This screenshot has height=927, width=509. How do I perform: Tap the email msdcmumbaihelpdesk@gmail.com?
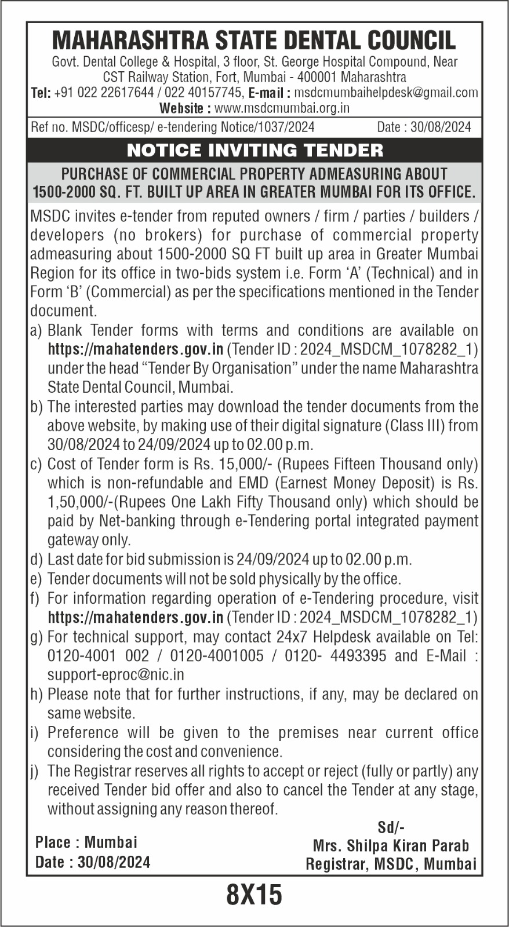click(386, 93)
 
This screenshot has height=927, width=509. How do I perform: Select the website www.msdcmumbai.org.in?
click(282, 108)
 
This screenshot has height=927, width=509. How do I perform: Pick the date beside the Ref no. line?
click(441, 127)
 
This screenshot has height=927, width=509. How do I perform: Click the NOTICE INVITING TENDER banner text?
click(254, 151)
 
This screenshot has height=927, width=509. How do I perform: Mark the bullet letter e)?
click(36, 579)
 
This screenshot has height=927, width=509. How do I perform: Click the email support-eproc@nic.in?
click(116, 675)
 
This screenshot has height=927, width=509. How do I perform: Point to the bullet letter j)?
click(36, 771)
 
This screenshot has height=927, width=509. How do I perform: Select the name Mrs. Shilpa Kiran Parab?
click(391, 846)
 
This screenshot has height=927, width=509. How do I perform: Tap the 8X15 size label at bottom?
click(254, 895)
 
